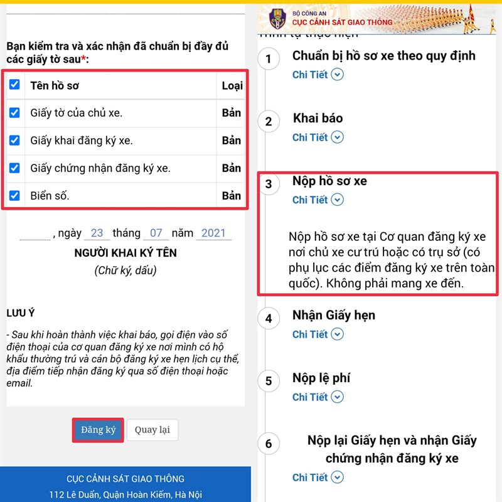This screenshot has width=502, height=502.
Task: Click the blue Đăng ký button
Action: pos(98,430)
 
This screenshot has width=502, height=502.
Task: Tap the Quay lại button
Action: pos(152,430)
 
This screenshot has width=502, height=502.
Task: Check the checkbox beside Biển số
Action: pos(14,195)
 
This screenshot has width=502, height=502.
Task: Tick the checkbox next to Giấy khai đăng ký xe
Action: pos(14,140)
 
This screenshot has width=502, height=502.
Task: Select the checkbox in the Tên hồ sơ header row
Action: pos(14,85)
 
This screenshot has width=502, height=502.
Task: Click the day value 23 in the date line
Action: pos(97,233)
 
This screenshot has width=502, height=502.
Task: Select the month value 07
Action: pos(156,233)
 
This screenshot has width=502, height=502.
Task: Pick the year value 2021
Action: pos(213,233)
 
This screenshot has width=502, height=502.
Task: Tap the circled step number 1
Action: pos(269,58)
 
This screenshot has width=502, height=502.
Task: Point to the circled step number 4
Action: pos(269,318)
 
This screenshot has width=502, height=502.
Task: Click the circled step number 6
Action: pos(269,444)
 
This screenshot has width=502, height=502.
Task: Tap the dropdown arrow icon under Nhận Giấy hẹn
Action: pos(337,334)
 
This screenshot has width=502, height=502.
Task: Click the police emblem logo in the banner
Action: pos(277,19)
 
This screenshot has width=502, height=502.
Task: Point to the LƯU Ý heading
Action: pos(21,312)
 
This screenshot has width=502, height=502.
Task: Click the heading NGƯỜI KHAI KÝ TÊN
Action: pos(125,253)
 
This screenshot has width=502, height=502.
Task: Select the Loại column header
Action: pos(232,85)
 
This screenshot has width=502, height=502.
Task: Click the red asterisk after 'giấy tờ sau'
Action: pos(83,58)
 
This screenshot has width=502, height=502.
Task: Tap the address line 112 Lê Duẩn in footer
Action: pos(125,494)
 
